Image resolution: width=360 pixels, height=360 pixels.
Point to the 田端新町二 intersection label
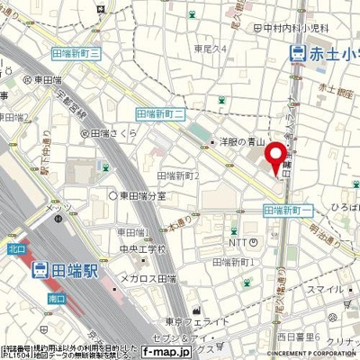click(x=159, y=113)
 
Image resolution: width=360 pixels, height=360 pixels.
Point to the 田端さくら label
click(x=116, y=134)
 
